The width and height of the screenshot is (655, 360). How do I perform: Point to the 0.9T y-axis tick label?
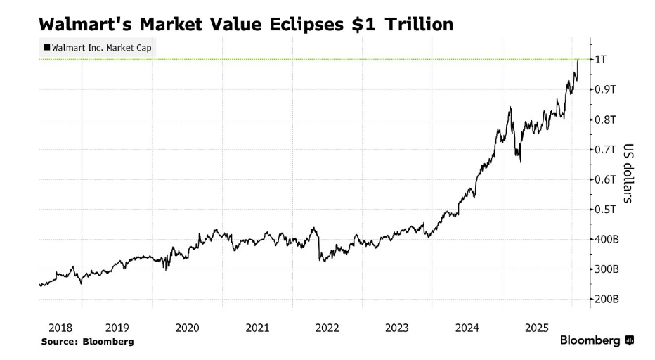(605, 89)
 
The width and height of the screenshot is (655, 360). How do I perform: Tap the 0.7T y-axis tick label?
(605, 150)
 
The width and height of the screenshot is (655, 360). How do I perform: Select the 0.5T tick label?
(605, 210)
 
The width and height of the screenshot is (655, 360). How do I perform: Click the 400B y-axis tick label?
(607, 240)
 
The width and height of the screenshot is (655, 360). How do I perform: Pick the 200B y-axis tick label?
(607, 300)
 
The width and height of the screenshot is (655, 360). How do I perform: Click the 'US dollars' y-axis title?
(628, 173)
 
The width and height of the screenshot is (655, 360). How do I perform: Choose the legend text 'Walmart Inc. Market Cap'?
(102, 48)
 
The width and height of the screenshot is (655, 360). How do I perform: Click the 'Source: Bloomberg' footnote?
(87, 341)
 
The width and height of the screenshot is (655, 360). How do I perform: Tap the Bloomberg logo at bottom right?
(597, 341)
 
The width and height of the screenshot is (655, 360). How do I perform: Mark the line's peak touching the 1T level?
(578, 60)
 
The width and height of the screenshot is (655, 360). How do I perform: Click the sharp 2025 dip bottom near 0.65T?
(520, 162)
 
